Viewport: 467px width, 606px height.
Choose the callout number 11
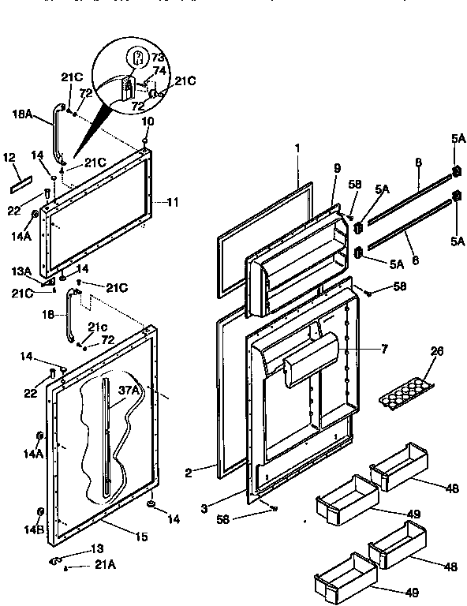coord(172,202)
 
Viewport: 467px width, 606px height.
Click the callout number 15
coord(140,537)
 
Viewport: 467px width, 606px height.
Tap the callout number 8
coord(418,163)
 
